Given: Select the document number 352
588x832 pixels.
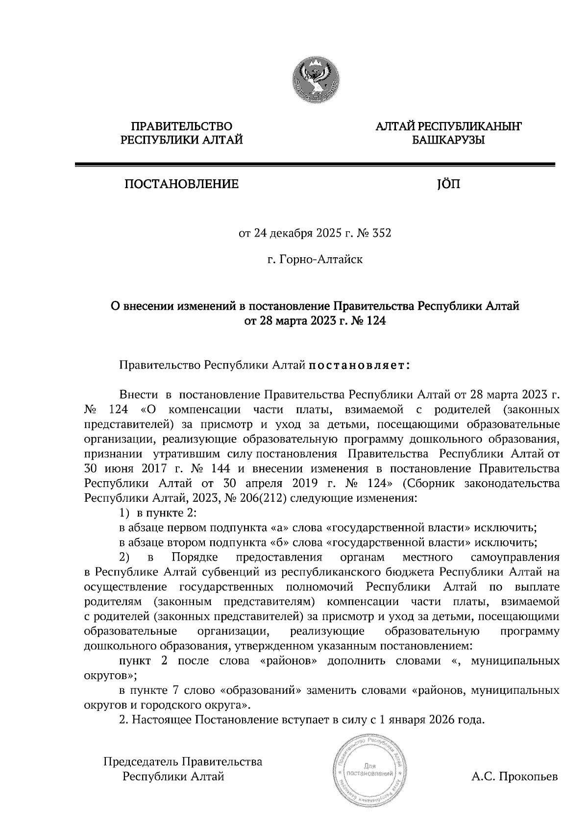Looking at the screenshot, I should [382, 234].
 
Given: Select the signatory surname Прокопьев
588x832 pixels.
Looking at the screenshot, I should [528, 777].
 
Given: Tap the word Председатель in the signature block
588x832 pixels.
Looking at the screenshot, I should [140, 762].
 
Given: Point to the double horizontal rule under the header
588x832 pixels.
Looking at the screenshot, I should [314, 165].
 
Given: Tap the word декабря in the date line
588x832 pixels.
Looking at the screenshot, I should [287, 234].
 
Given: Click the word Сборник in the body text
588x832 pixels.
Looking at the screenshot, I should [429, 484].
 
